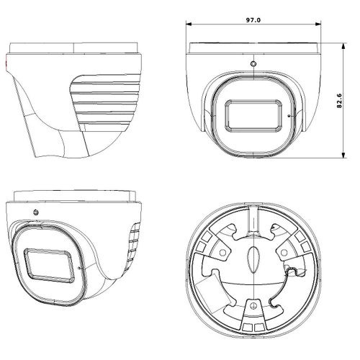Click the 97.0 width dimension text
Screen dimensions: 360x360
(253, 20)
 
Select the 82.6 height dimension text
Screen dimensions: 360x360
(339, 101)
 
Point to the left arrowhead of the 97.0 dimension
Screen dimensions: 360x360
(189, 24)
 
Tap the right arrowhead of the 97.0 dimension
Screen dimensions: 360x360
(318, 24)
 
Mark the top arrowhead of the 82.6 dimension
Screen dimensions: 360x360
(343, 46)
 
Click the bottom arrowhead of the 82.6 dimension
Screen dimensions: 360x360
(343, 155)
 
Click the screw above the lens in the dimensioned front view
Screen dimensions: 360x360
(253, 64)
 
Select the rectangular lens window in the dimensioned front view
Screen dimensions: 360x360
(253, 116)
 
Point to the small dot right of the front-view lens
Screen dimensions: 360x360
(289, 116)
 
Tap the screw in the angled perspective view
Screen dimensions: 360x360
(36, 212)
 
